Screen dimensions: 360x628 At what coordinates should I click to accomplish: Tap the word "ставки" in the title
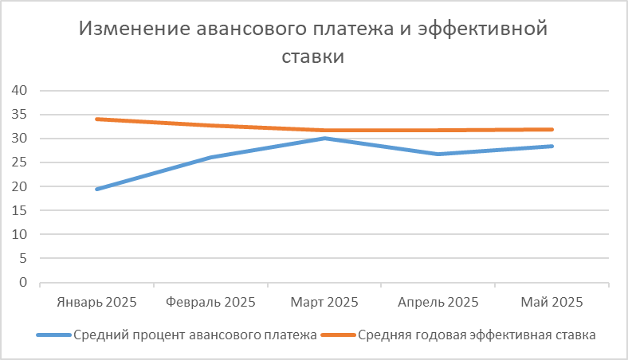[314, 57]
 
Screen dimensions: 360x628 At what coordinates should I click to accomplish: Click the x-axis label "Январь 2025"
[97, 303]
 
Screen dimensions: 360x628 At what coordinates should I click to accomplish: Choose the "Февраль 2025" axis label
[211, 303]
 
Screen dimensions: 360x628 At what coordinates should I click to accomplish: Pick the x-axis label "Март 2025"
[324, 303]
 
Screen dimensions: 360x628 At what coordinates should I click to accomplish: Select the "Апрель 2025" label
[438, 303]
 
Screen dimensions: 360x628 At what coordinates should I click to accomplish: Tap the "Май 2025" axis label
[551, 303]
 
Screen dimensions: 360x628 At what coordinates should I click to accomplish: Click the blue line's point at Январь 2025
[97, 189]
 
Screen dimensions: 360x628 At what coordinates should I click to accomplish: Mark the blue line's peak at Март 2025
[324, 139]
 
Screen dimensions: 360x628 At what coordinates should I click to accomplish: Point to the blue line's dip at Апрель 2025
[438, 154]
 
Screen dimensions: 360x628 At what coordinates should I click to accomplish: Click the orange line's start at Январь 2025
[97, 119]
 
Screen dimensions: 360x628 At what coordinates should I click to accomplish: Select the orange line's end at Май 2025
[551, 130]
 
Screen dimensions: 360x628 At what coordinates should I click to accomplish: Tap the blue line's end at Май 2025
[551, 147]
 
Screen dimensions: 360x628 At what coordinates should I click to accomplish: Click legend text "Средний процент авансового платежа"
[195, 335]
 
